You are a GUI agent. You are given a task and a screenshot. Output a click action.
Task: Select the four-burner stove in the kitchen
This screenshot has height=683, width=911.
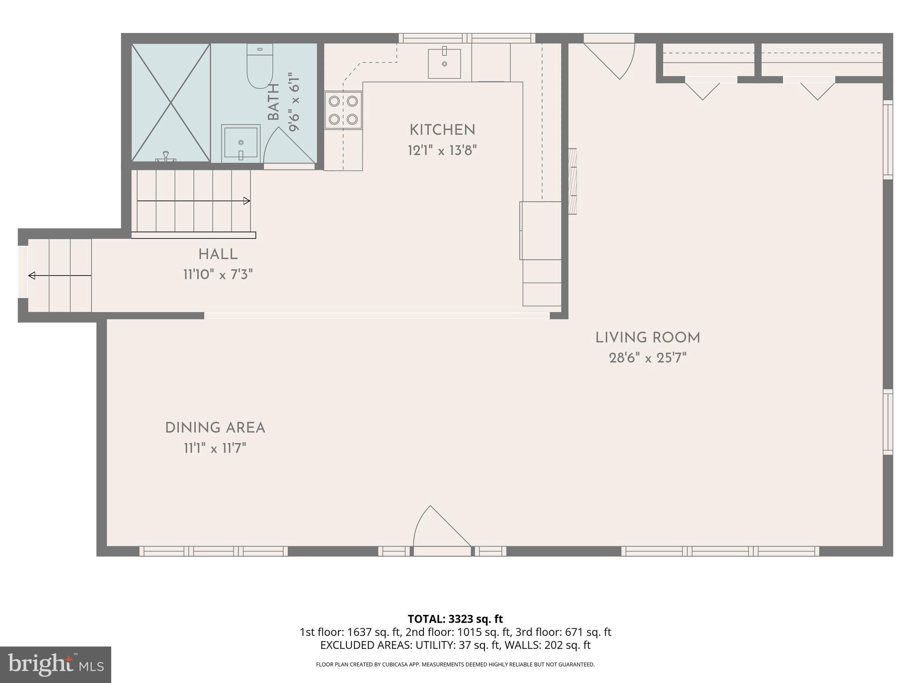pos(343,110)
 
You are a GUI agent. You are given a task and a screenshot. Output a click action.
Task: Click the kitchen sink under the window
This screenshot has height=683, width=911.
pos(444,64)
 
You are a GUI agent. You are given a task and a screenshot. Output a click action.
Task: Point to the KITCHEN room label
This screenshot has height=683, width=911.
pos(442,130)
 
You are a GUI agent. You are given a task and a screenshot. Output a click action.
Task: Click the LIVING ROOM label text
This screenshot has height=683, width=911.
pos(648,338)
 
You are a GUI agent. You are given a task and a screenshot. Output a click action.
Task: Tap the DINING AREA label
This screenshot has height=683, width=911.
pos(215,428)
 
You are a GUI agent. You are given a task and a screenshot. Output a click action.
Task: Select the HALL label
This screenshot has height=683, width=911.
pos(218,255)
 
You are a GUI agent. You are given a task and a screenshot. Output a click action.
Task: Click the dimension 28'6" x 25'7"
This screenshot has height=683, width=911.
pos(648,358)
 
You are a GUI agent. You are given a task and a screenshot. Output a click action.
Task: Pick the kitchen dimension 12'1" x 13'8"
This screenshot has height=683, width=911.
pos(442,150)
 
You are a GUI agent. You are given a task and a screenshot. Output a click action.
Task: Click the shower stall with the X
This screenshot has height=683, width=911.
pos(171,103)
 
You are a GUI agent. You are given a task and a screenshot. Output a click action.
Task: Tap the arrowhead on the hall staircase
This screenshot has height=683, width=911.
pos(247,201)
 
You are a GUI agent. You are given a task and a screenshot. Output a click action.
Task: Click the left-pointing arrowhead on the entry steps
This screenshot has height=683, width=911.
pos(32,276)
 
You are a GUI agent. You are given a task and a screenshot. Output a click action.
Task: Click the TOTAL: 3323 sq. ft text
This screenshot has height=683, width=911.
pos(455,619)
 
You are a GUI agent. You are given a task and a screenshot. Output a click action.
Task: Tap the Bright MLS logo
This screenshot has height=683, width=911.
pos(55,664)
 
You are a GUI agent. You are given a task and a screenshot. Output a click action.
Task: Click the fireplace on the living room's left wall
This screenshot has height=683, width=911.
pos(572,181)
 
